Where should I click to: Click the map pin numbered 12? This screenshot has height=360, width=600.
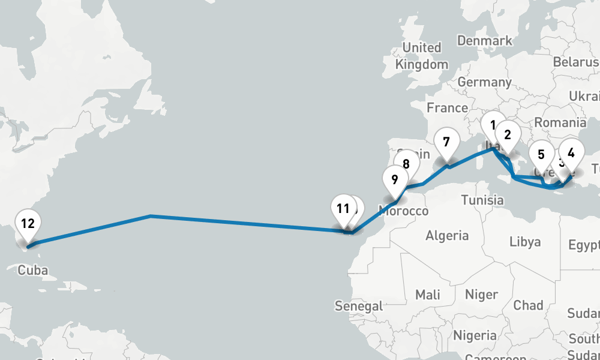coord(27,224)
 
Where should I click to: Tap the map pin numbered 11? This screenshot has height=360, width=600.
coord(343,209)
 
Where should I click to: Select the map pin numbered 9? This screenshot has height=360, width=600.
coord(394,179)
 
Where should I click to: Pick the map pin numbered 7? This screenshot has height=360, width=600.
coord(446,143)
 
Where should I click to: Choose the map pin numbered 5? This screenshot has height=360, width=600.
coord(541,155)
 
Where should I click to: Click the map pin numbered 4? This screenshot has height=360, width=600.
coord(571,153)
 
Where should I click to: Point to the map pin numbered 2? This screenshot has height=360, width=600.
coord(507,135)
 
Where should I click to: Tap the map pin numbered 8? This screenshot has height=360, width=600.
coord(406,164)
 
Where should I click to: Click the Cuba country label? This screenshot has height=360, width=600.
coord(32,270)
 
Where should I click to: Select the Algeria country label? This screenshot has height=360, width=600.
coord(447,235)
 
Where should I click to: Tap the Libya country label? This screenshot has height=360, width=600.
coord(525,242)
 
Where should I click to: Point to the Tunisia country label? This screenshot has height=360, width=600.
coord(482,200)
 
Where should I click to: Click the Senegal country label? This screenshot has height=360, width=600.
coord(359,306)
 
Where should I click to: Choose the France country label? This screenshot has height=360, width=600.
coord(447,108)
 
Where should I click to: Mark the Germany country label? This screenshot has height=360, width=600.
coord(484,82)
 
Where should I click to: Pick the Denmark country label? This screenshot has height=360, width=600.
coord(485,41)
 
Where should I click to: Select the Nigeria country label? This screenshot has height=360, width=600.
coord(475,335)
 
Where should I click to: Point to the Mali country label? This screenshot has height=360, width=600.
coord(427,295)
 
